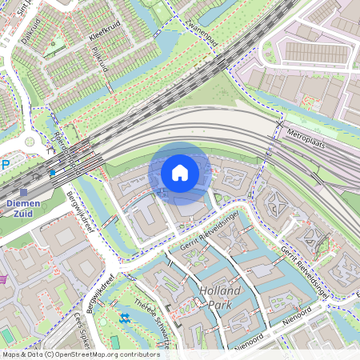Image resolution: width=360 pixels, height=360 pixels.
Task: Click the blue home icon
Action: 180,173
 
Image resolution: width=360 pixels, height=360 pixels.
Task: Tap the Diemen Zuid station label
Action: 28,210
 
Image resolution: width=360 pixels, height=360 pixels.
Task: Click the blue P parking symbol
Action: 6,165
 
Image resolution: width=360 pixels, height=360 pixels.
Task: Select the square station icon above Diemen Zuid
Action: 23,192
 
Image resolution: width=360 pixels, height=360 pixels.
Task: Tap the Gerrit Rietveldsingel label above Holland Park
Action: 210,238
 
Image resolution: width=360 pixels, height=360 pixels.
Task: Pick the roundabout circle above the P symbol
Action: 30,142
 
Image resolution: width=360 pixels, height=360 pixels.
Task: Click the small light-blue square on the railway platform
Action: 53,172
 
